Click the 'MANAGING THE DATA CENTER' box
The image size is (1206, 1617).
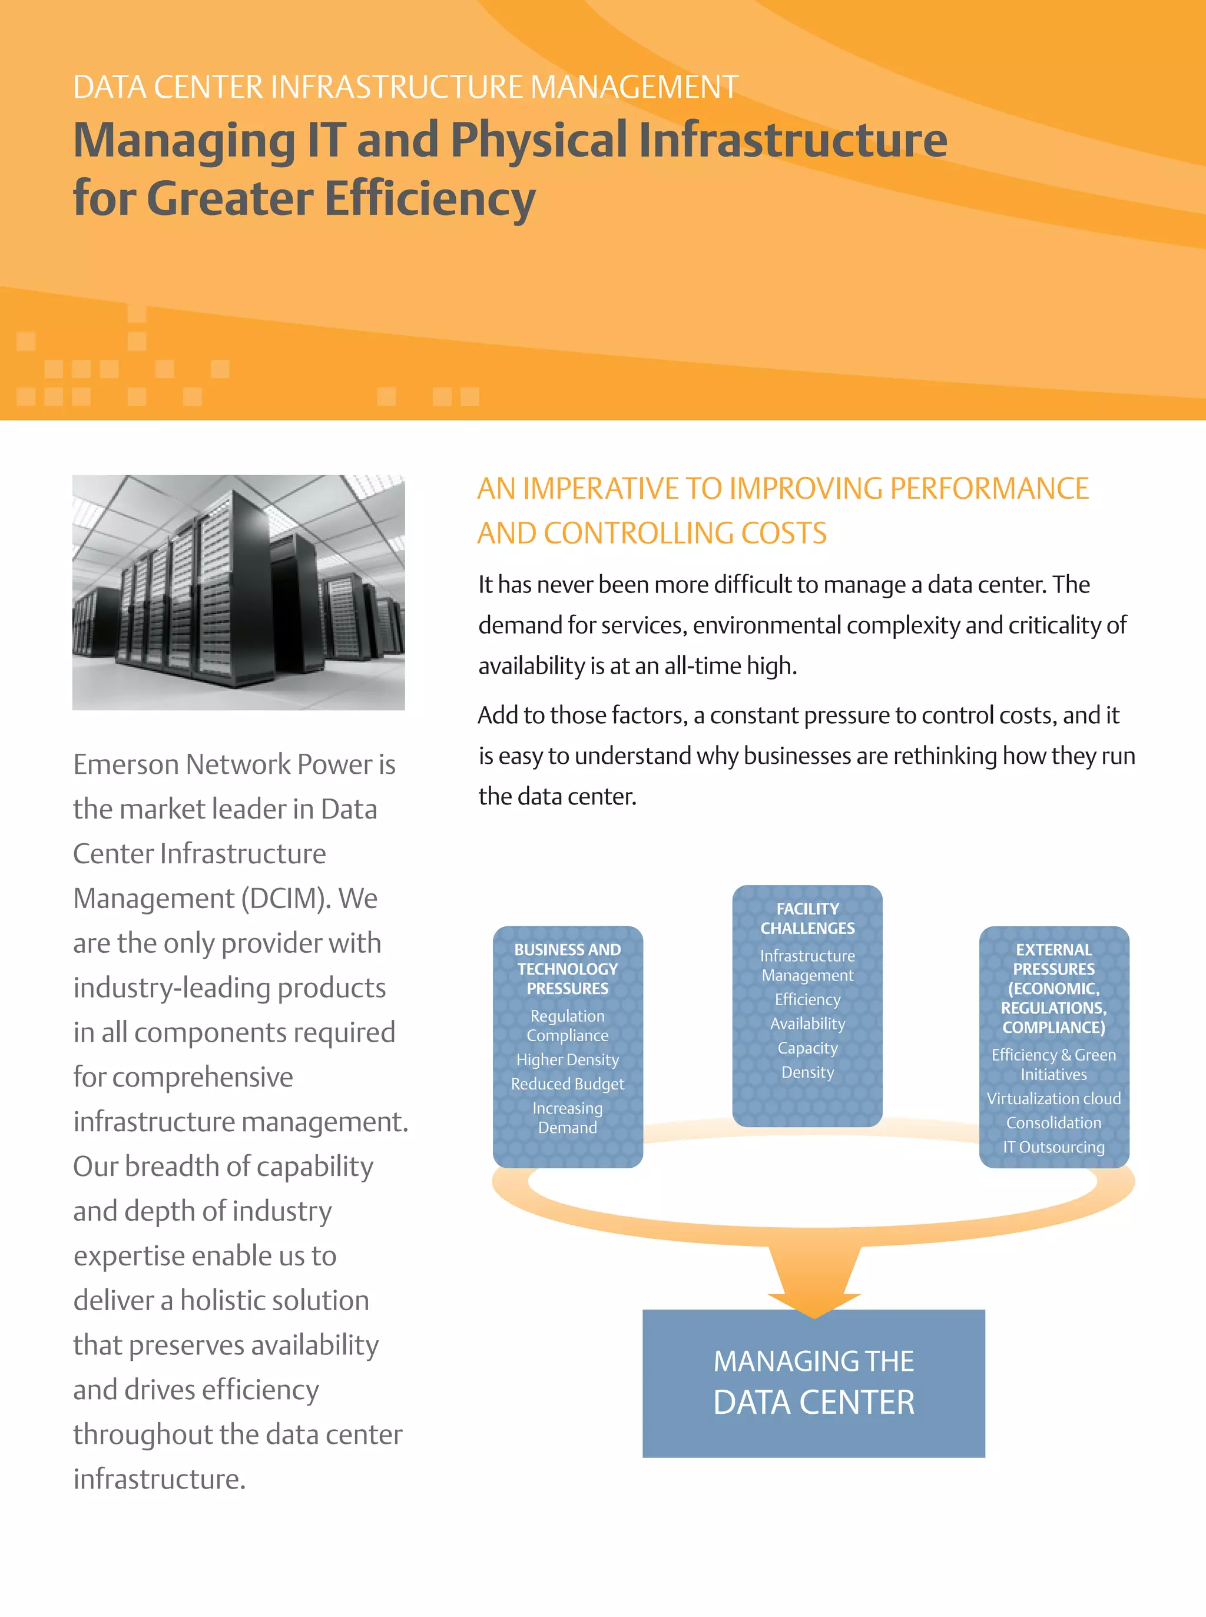pos(813,1382)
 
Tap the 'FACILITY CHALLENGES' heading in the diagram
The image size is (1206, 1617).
pos(807,919)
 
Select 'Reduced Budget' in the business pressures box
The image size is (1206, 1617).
pos(567,1084)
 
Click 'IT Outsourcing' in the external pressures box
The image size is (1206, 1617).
pos(1053,1147)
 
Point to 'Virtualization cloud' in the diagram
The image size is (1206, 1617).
pos(1053,1099)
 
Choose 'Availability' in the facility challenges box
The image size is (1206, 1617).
pos(807,1023)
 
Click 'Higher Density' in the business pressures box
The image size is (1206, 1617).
pos(567,1059)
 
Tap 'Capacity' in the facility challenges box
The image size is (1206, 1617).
pos(807,1048)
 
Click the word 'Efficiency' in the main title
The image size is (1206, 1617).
pos(429,198)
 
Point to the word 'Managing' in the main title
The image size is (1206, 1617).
pos(184,140)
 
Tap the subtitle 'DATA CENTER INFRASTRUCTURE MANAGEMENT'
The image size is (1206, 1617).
pos(405,87)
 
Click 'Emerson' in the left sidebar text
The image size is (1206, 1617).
pos(125,764)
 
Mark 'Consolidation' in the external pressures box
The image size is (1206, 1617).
pos(1053,1123)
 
